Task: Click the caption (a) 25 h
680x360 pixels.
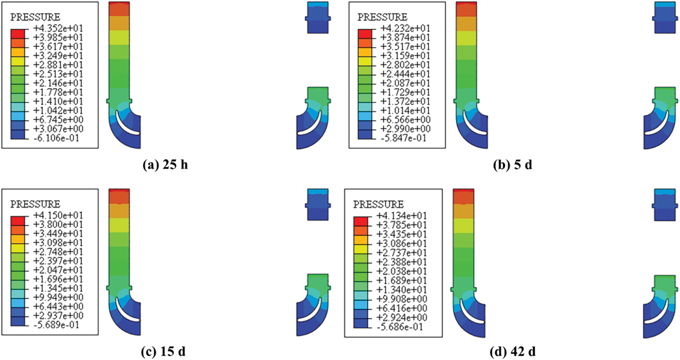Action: tap(165, 165)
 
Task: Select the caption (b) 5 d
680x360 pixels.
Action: tap(513, 165)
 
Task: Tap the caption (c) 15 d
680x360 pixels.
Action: tap(163, 351)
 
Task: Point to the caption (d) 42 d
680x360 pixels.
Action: tap(513, 351)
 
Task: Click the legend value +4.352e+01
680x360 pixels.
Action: tap(58, 28)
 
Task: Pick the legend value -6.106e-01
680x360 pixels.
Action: tap(56, 138)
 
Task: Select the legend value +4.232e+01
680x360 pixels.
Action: tap(405, 28)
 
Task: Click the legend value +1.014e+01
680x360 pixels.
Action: tap(405, 111)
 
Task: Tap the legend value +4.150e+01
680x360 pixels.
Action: tap(58, 215)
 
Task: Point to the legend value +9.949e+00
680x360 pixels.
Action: tap(58, 298)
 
